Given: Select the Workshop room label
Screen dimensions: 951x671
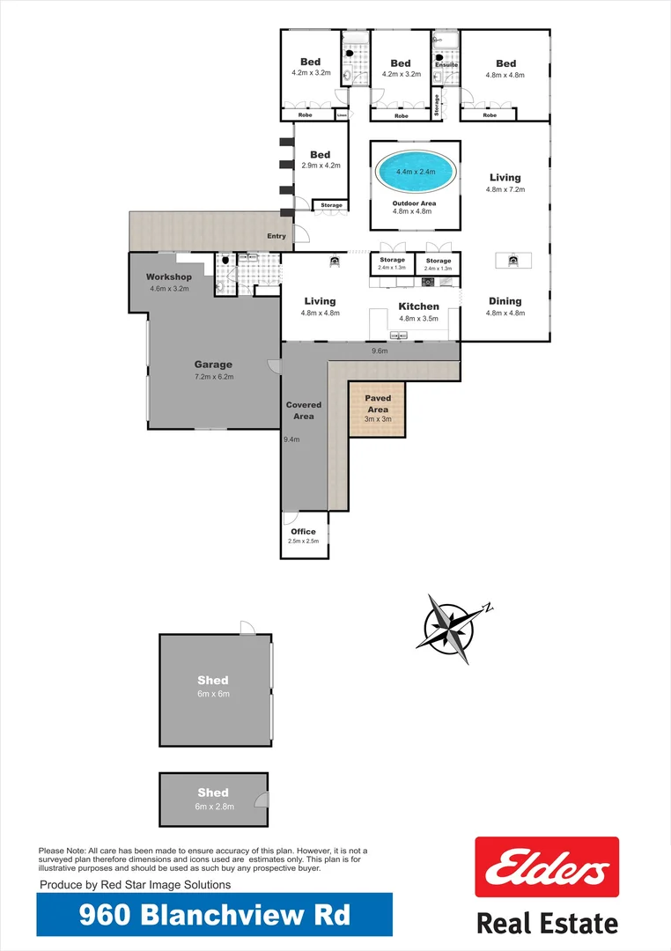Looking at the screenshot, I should [169, 277].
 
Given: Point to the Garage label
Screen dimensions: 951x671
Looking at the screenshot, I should [213, 365].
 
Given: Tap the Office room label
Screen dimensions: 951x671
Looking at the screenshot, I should [303, 532].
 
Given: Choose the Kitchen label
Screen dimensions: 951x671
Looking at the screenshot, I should [418, 306].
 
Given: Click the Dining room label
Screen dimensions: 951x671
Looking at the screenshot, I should [505, 301].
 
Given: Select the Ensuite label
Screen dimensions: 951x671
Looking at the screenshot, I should [446, 64].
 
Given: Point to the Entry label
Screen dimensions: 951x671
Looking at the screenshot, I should [277, 236].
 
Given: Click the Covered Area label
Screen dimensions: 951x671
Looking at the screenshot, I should [304, 410].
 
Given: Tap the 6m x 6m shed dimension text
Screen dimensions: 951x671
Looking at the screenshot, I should [213, 694].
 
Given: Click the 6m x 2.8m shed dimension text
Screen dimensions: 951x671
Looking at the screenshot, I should [213, 806].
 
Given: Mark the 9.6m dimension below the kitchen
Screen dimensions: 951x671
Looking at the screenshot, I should [380, 350].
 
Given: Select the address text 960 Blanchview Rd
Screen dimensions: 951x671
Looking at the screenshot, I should [214, 915].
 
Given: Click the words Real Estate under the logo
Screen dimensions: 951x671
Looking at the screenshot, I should [547, 924].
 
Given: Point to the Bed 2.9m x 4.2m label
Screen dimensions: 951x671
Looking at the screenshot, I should [320, 155].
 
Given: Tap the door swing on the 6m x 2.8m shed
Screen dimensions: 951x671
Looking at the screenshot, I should [261, 800].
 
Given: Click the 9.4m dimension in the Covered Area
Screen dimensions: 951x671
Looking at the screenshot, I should [291, 439].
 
